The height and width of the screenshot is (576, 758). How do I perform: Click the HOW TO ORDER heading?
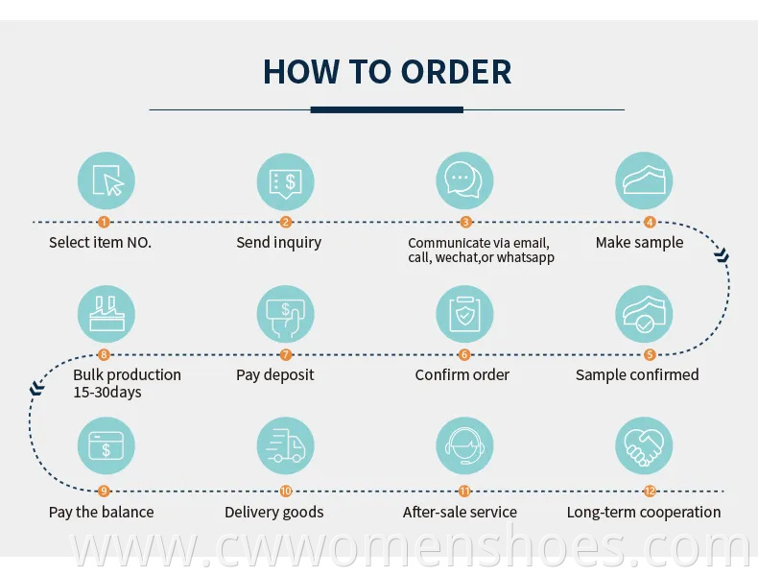point(387,72)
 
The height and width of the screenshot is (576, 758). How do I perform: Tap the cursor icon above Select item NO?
point(106,180)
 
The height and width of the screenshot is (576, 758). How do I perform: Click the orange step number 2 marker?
point(285,222)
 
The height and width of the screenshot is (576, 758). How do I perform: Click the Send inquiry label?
point(279,243)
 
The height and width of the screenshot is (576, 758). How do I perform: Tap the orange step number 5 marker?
point(650,355)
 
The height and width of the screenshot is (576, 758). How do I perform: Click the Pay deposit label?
point(275,375)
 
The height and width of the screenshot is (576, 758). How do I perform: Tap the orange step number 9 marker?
point(105,492)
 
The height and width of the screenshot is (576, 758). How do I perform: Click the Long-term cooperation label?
point(644,513)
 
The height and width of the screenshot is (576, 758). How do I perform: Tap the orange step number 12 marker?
point(650,492)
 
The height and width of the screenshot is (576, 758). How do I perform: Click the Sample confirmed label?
point(637,375)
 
